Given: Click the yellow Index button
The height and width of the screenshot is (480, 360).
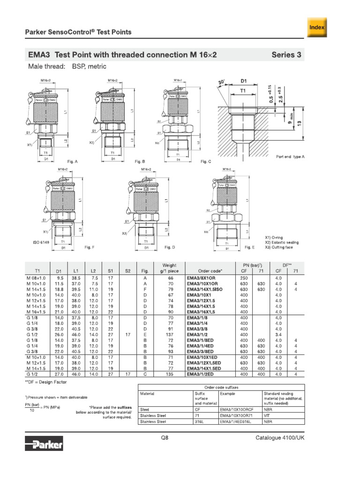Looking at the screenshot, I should tap(317, 27).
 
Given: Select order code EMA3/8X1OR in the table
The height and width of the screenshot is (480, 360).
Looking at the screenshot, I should tap(202, 277).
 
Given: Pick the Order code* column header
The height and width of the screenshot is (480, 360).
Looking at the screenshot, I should tap(210, 271).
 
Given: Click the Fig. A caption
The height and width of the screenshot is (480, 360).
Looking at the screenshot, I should tap(73, 161).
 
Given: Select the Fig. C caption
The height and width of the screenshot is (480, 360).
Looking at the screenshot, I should tap(206, 161).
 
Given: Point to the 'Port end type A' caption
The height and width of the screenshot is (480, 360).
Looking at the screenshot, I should tap(290, 157).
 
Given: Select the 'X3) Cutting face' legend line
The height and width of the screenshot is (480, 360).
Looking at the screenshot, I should tap(281, 247).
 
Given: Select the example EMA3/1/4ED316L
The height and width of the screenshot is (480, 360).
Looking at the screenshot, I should tap(238, 421).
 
